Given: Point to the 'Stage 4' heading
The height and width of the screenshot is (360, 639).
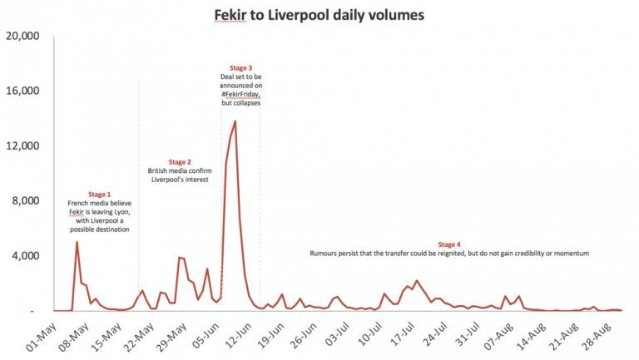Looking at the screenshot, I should [448, 244].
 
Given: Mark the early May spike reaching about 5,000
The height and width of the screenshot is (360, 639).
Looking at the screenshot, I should [77, 243].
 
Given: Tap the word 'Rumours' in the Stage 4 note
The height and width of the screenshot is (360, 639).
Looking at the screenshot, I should [325, 253].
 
